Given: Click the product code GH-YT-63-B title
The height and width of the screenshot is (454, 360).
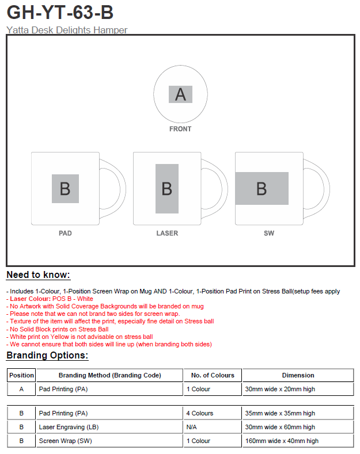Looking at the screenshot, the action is (x=60, y=12).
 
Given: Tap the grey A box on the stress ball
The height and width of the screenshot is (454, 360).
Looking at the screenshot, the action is (x=181, y=94).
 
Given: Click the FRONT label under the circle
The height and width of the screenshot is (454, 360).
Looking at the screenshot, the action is (x=180, y=129).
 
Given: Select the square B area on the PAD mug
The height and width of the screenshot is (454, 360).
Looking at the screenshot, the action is (x=65, y=189).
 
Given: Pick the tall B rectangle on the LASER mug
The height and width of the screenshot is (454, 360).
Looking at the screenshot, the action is (x=167, y=189).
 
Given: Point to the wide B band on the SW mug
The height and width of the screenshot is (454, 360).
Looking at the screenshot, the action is (x=262, y=189).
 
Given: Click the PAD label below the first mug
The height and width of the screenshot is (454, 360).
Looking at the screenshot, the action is (x=65, y=233).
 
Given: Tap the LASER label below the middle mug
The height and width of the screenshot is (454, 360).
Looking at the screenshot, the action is (x=167, y=233).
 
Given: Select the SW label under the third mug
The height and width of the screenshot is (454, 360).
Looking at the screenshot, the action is (x=269, y=233).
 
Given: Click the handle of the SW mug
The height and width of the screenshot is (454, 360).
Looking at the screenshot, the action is (x=326, y=188).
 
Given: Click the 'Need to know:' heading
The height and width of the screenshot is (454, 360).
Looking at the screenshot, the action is (x=38, y=275).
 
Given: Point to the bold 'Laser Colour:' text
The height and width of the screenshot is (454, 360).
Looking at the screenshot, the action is (x=31, y=299).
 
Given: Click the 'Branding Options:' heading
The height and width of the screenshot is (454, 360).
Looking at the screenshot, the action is (x=47, y=355).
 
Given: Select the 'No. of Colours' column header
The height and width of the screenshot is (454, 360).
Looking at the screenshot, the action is (x=213, y=375).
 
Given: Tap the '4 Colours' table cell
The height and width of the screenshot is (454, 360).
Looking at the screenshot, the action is (x=200, y=413).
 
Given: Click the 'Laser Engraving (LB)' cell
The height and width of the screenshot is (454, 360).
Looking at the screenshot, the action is (x=69, y=427).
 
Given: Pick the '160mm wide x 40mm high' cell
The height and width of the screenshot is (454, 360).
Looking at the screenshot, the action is (x=282, y=441).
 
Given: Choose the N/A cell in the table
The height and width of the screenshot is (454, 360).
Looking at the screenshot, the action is (x=191, y=427).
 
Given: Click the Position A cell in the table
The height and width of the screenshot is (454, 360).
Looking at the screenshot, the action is (x=21, y=389).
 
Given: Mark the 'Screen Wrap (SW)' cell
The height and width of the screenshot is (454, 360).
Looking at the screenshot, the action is (x=66, y=441).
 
